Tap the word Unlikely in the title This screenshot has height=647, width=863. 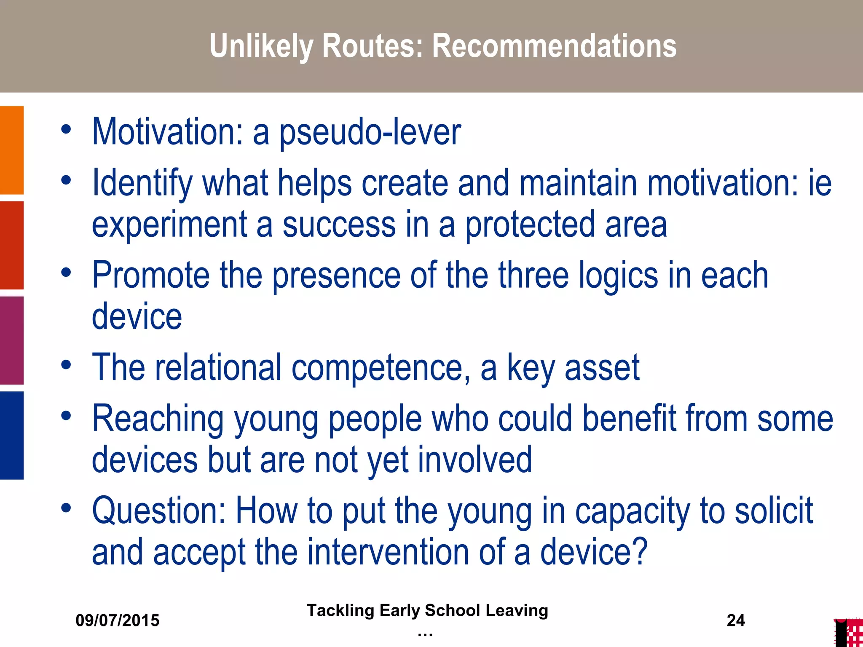pyautogui.click(x=261, y=46)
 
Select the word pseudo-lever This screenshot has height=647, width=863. pyautogui.click(x=370, y=132)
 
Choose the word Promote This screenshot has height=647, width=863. pyautogui.click(x=150, y=275)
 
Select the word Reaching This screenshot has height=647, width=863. pyautogui.click(x=158, y=419)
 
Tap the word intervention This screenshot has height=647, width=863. pyautogui.click(x=388, y=552)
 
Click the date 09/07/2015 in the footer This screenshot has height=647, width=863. pyautogui.click(x=118, y=620)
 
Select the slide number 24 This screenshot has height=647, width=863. pyautogui.click(x=736, y=620)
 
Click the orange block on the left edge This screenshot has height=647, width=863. pyautogui.click(x=12, y=150)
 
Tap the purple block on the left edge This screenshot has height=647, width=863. pyautogui.click(x=12, y=340)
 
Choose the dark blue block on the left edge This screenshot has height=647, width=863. pyautogui.click(x=12, y=435)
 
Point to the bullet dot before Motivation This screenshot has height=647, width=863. pyautogui.click(x=66, y=129)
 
